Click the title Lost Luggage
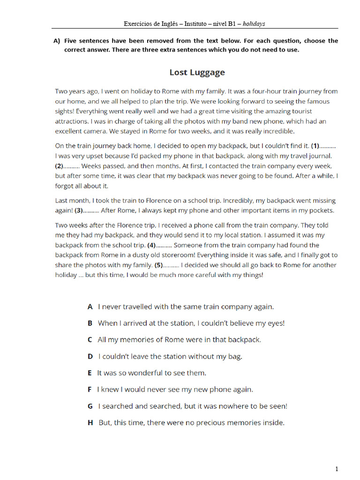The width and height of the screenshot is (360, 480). [x=197, y=72]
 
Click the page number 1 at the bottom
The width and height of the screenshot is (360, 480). [x=337, y=469]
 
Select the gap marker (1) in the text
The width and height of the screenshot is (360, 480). [x=316, y=146]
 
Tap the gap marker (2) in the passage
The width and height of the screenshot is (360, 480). [x=60, y=166]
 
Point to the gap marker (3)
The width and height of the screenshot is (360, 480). [x=79, y=210]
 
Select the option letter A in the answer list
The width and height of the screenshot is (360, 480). [x=90, y=307]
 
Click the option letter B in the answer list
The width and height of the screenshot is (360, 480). [x=90, y=323]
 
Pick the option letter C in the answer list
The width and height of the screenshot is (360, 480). [x=90, y=339]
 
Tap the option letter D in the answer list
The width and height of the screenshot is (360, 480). [x=90, y=356]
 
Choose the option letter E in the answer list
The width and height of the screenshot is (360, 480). [x=89, y=373]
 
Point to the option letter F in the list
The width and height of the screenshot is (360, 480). [x=89, y=389]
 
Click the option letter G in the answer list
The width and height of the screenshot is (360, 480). [x=90, y=406]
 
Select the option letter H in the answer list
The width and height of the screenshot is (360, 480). [x=90, y=422]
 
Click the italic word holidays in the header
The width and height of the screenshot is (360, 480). [x=254, y=23]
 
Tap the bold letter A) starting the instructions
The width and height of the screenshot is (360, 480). [x=57, y=41]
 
